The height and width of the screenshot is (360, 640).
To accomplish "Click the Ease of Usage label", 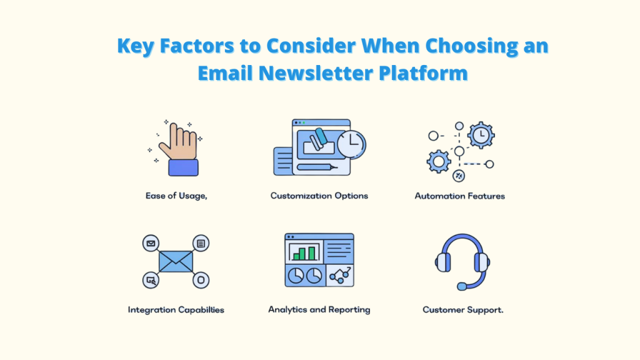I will [x=176, y=196].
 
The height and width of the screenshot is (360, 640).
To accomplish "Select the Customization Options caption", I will [x=319, y=196].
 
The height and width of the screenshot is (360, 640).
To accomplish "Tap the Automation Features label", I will [x=459, y=196].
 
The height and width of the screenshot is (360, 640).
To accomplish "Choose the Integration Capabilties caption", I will [x=176, y=309].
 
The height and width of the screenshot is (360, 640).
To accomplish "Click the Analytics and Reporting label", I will [x=319, y=309].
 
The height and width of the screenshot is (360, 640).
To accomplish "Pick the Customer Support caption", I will [x=462, y=309].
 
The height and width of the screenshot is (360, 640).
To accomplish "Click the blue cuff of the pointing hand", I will [x=183, y=167].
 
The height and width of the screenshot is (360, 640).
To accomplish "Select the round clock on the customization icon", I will [x=351, y=146].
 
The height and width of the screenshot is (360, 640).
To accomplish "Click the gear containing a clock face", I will [x=481, y=135].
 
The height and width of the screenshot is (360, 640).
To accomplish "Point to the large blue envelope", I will [x=176, y=261].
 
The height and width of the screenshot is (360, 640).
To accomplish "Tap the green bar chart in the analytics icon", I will [x=304, y=252].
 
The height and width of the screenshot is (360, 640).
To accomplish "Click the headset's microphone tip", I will [x=461, y=286].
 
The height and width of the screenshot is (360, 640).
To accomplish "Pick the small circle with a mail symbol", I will [x=150, y=243].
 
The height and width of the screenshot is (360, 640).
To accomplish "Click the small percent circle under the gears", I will [x=459, y=176].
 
